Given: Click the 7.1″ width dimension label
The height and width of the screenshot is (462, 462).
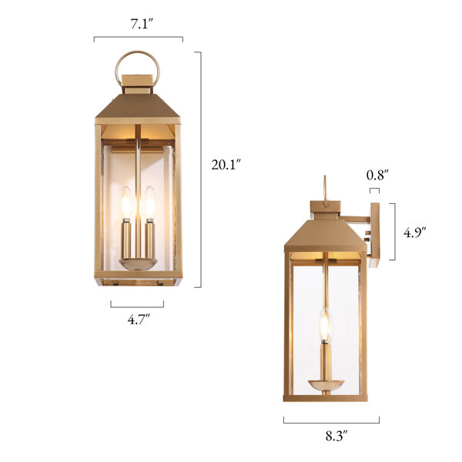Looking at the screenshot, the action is [142, 24].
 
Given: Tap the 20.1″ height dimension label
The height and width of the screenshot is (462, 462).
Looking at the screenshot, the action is [226, 165].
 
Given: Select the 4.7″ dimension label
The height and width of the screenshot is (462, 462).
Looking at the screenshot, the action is [139, 319].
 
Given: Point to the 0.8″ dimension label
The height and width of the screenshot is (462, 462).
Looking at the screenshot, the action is [377, 175].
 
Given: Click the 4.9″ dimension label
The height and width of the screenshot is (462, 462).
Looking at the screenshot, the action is [415, 233].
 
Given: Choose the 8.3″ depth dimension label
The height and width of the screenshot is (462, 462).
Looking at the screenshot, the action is [336, 436].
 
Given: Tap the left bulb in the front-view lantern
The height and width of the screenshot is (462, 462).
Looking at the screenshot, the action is [126, 203].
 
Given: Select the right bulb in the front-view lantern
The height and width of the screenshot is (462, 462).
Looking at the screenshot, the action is [150, 203].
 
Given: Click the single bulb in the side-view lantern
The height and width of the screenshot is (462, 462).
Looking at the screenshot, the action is [325, 324].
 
